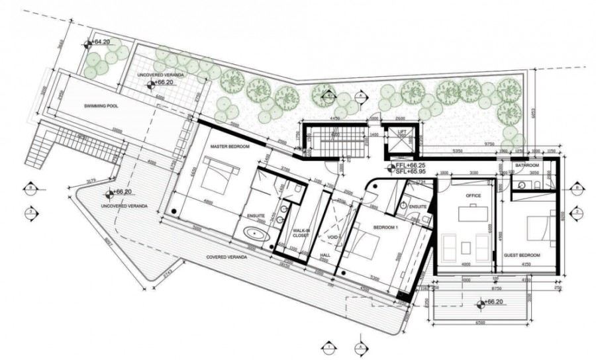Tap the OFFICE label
click(473, 195)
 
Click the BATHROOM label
click(527, 165)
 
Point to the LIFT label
click(402, 131)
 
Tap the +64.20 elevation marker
click(101, 42)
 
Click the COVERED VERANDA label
click(226, 256)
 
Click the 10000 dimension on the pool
click(118, 130)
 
